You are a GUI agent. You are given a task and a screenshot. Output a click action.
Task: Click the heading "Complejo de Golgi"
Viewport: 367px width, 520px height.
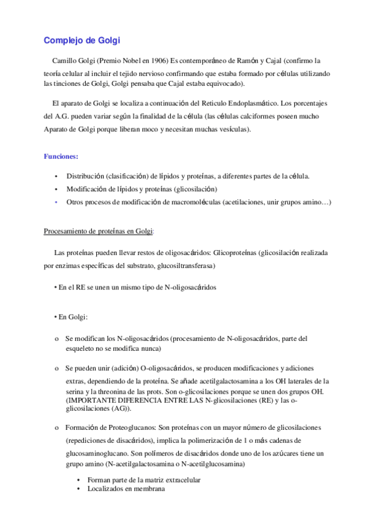click(82, 40)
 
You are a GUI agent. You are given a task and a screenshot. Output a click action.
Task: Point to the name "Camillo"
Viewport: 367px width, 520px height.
click(67, 61)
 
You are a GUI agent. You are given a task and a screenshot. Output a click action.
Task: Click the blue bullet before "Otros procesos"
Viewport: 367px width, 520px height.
click(56, 201)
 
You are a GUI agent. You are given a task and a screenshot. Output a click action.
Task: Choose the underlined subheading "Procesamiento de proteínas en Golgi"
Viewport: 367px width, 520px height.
click(99, 231)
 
